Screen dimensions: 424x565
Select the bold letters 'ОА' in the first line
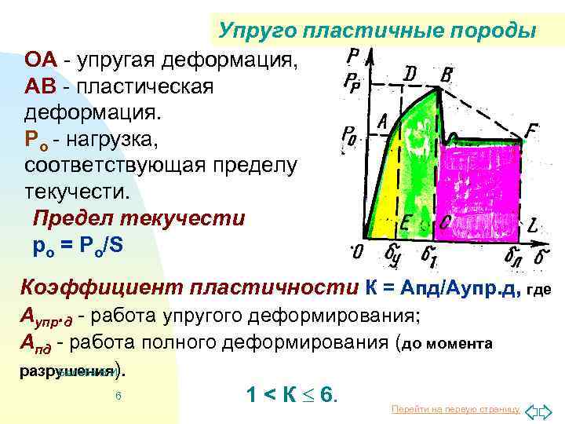40,60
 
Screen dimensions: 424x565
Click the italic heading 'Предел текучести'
139,218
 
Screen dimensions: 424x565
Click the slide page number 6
117,396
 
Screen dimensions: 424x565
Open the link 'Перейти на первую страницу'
454,410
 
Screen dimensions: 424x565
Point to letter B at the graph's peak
447,76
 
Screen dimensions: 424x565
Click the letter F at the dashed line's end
532,133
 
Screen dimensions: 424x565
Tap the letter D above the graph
410,74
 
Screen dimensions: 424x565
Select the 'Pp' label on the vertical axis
352,81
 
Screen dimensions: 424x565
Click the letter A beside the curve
383,122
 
